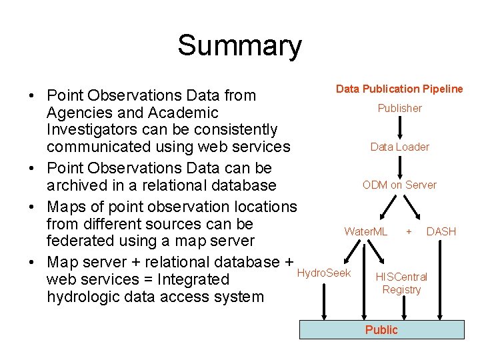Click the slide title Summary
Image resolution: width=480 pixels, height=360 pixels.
[239, 46]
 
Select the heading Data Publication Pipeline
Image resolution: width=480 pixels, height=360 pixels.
[399, 89]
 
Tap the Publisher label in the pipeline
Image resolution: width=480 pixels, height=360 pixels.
[399, 108]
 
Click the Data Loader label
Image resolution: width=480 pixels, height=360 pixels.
[399, 147]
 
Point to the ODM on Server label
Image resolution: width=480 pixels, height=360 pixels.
[399, 185]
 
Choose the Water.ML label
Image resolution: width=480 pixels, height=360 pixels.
[365, 231]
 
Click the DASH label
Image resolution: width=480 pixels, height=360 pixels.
[441, 231]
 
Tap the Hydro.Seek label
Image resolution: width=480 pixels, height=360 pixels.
[323, 273]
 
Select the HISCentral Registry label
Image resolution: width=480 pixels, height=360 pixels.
[401, 283]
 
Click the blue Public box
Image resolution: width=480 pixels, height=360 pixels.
[381, 330]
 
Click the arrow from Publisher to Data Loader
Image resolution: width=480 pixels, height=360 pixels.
[400, 127]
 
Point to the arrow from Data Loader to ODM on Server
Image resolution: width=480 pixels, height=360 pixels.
[400, 165]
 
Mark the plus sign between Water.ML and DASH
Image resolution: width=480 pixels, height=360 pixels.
[408, 231]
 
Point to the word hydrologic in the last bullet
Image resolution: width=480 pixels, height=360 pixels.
[85, 297]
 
